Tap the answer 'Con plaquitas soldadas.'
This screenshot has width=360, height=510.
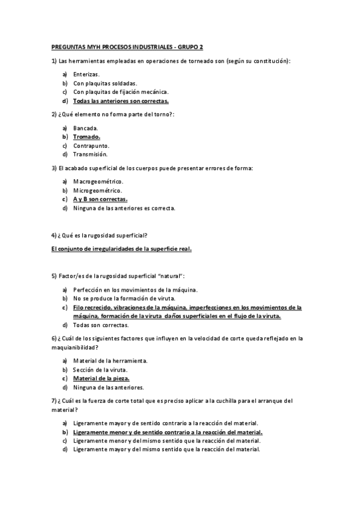click(x=105, y=83)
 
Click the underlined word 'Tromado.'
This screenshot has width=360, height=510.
click(x=87, y=137)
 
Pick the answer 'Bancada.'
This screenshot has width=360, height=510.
click(x=85, y=128)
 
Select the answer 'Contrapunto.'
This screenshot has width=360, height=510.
click(x=91, y=146)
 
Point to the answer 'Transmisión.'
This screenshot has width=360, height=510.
click(x=90, y=155)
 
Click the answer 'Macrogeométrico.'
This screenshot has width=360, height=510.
click(x=98, y=182)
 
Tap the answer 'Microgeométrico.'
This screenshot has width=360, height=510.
click(x=97, y=191)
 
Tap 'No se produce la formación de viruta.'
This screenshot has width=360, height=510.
click(x=124, y=298)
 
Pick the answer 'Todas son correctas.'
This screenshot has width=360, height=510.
click(x=101, y=325)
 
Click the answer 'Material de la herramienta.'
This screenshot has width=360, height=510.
click(x=110, y=361)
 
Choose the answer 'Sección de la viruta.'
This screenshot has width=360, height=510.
click(x=101, y=370)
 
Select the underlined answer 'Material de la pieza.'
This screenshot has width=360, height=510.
click(x=101, y=379)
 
